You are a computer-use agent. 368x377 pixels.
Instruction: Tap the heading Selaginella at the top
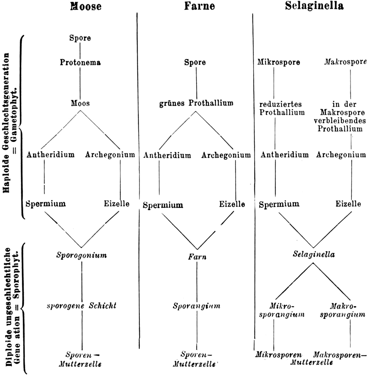(313, 6)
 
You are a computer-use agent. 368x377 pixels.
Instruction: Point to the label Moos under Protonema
(80, 103)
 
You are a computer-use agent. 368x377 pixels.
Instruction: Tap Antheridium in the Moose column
(50, 154)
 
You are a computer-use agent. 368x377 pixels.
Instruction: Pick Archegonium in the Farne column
(226, 155)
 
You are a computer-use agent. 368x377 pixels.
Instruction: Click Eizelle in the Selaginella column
(348, 203)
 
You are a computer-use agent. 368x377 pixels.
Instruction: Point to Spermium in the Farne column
(163, 204)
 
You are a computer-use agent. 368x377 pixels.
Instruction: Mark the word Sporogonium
(82, 255)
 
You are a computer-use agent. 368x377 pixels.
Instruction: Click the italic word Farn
(197, 257)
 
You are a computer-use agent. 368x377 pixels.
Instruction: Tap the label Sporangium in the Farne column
(197, 306)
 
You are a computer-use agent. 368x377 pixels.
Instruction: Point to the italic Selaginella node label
(314, 254)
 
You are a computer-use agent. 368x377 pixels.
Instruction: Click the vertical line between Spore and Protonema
(80, 50)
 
